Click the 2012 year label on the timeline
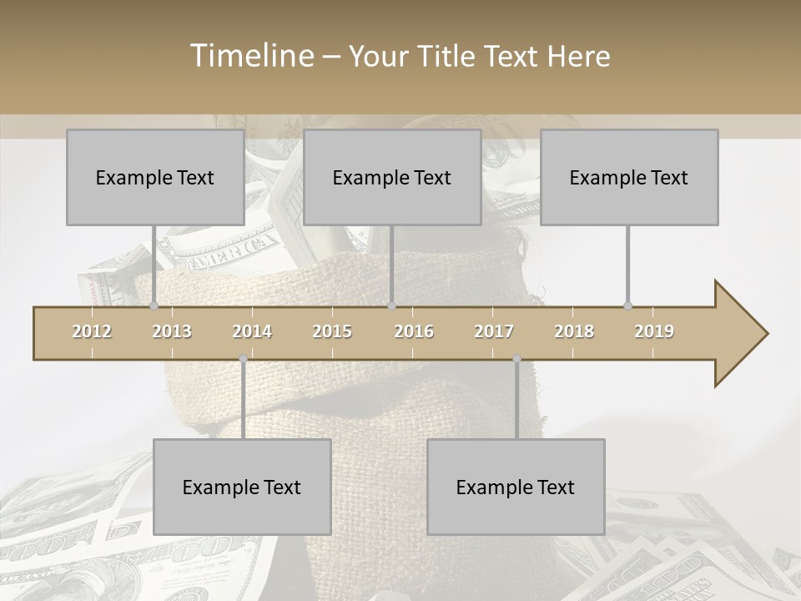click(x=92, y=331)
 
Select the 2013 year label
click(x=172, y=331)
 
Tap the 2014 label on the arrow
click(x=252, y=331)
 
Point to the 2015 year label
click(x=332, y=331)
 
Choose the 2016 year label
click(x=414, y=331)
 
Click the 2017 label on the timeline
click(x=494, y=331)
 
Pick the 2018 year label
click(x=574, y=331)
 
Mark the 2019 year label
click(x=654, y=331)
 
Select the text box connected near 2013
click(x=155, y=177)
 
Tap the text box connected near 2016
click(x=392, y=177)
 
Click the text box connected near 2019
click(x=629, y=177)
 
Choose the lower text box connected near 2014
click(x=242, y=487)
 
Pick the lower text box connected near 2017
click(x=516, y=487)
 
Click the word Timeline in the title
click(x=250, y=56)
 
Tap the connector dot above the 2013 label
click(x=154, y=306)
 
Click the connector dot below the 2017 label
click(x=516, y=359)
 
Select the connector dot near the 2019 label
click(x=627, y=306)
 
